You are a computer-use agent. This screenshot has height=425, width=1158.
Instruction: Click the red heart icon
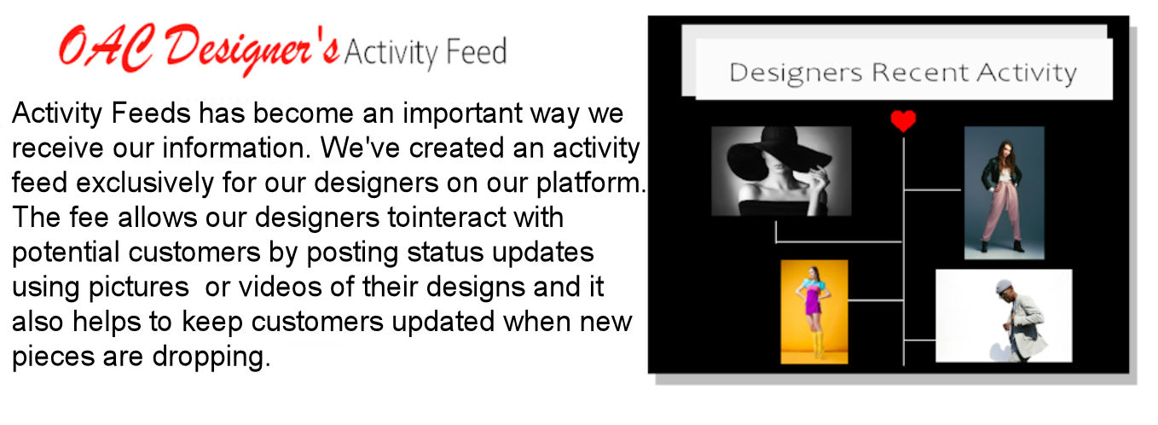pos(903,121)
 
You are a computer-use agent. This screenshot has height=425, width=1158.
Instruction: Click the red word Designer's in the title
pos(252,50)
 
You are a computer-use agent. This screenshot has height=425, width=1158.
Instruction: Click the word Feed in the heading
pos(476,52)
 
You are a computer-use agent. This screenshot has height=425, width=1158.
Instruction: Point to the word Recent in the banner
pos(920,73)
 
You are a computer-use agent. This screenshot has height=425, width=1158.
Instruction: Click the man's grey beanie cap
pos(1005,286)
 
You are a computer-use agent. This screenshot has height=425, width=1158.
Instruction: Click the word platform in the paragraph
pos(588,183)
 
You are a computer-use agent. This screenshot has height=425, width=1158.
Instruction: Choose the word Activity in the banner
pos(1027,73)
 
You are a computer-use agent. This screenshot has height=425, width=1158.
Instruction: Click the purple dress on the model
pos(814,303)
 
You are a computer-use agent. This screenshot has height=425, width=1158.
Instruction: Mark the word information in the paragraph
pos(236,148)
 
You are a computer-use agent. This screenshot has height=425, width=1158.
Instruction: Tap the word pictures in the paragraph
pos(138,288)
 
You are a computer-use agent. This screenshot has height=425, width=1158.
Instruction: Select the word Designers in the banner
pos(796,73)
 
